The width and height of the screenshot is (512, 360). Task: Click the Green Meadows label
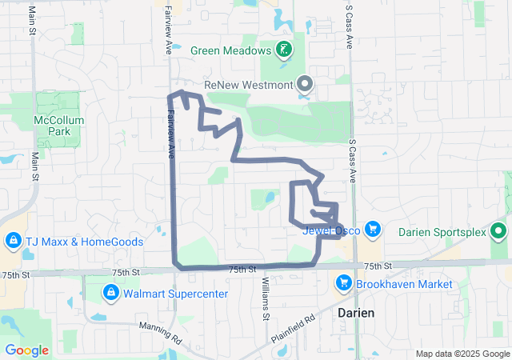point(231,50)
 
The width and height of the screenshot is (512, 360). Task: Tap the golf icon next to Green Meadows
point(283,50)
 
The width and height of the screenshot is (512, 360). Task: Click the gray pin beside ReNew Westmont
point(305,83)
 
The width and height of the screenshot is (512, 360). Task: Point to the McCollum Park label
point(54,125)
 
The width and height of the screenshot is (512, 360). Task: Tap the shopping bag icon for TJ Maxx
point(14,241)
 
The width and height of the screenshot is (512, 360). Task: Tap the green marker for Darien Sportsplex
point(499,232)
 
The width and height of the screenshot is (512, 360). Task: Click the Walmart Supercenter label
point(175,294)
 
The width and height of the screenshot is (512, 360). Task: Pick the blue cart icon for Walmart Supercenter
point(110,294)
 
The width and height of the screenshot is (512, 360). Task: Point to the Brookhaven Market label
point(405,283)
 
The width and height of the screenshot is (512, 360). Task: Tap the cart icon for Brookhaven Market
point(344,283)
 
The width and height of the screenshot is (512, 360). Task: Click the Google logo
point(26,350)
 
